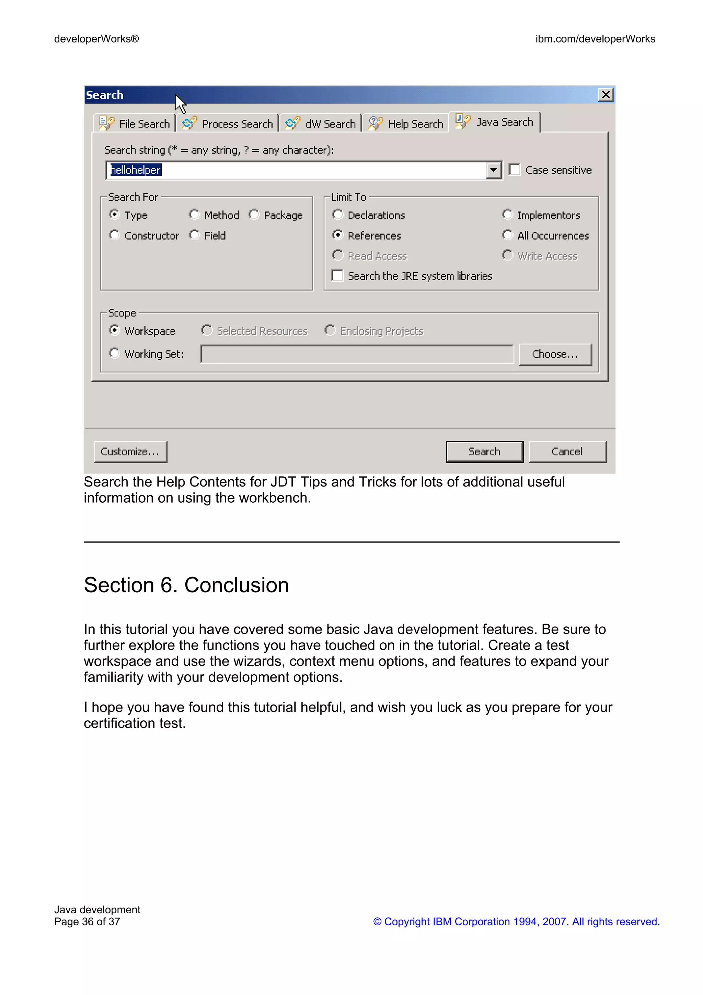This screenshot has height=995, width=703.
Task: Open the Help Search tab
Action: [x=406, y=124]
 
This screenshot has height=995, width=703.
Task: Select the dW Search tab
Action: [x=321, y=124]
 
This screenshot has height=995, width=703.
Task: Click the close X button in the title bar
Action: [x=605, y=94]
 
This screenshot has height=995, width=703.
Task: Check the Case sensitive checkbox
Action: [x=514, y=170]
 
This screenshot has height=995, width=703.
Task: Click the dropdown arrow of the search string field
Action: [x=493, y=170]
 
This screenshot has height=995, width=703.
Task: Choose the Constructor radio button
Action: [x=114, y=235]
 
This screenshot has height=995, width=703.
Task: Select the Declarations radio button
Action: [x=337, y=215]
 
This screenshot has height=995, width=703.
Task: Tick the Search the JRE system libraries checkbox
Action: [x=337, y=276]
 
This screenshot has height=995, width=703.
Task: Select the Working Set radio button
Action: [x=114, y=353]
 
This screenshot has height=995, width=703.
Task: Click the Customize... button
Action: [x=130, y=451]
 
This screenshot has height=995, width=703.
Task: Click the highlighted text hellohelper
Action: [x=136, y=170]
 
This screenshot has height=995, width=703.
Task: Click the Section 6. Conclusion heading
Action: [x=186, y=585]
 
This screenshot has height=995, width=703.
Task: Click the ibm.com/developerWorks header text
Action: [x=595, y=39]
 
